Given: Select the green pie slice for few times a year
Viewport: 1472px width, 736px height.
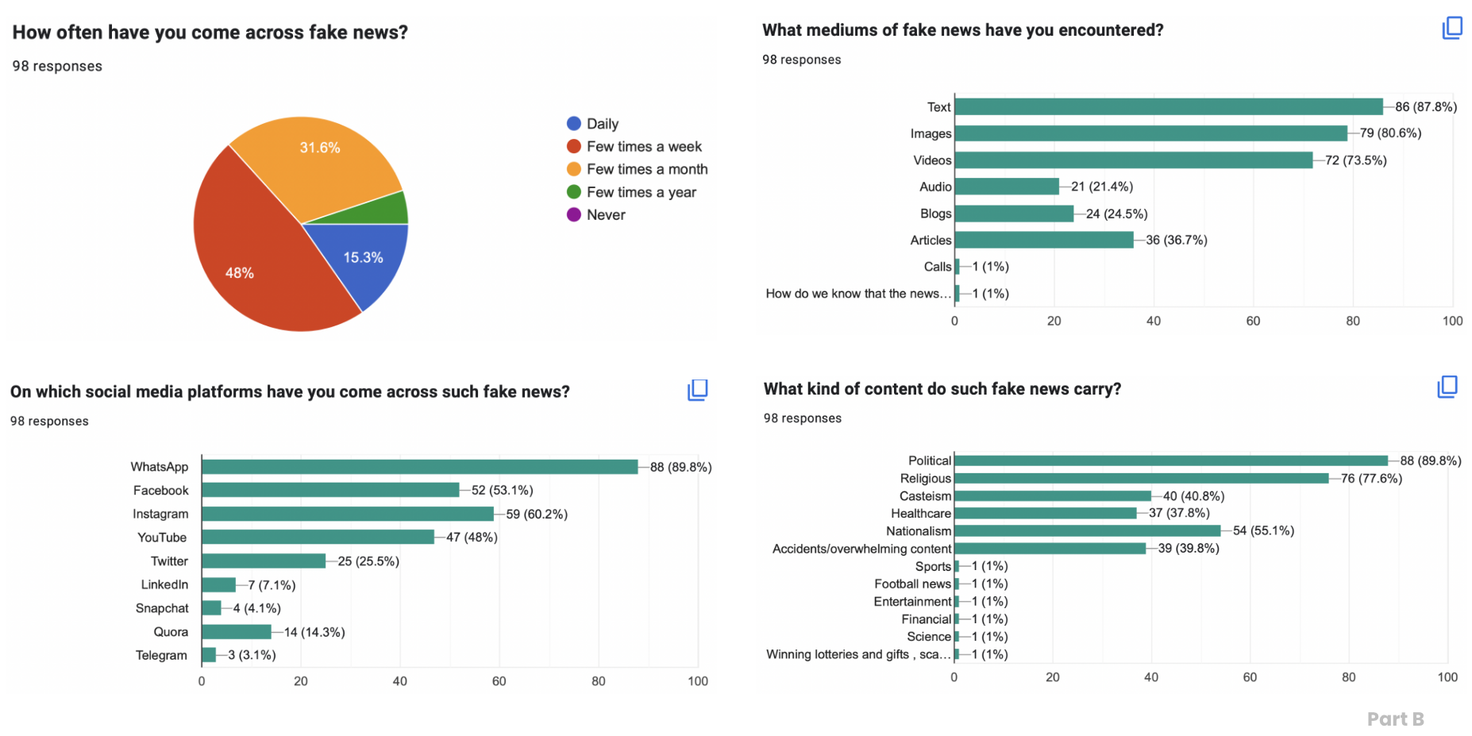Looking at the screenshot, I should click(388, 210).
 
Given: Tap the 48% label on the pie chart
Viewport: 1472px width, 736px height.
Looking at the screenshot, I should click(240, 273).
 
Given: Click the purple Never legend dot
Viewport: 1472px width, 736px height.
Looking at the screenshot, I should click(574, 215).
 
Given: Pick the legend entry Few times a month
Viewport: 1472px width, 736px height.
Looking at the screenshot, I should click(646, 169).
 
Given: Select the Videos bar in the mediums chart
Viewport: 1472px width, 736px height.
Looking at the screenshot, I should click(1133, 160).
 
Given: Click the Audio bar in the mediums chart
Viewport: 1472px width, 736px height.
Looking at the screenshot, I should click(1007, 187).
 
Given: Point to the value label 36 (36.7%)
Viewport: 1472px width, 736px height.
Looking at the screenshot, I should click(1176, 240).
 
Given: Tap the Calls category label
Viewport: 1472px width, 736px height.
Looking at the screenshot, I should click(937, 267).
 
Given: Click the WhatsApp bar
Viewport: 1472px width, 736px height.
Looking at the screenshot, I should click(419, 467).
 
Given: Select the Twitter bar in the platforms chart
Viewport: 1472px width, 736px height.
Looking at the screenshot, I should click(264, 561).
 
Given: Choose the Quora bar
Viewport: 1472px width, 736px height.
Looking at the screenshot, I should click(237, 632).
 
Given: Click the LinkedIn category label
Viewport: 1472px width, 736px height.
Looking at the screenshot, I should click(164, 584).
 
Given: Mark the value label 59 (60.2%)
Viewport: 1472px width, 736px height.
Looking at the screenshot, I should click(537, 514).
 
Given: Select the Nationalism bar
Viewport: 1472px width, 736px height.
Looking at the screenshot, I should click(1087, 531).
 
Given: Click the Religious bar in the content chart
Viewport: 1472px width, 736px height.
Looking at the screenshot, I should click(1141, 479).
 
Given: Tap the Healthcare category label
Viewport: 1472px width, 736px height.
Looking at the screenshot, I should click(920, 514).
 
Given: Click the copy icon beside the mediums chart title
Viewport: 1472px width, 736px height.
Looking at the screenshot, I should click(1451, 29).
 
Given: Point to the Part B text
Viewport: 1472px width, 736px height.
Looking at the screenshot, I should click(1395, 719).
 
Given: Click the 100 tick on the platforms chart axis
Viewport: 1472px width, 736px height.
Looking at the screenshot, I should click(697, 681).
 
